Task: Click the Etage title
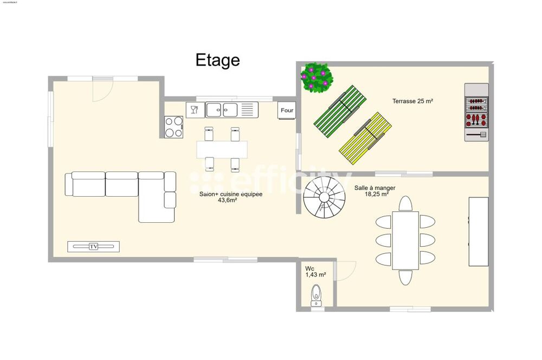coord(217,60)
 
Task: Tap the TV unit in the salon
coord(93,247)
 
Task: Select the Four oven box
coord(287,111)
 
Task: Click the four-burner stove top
coord(174,127)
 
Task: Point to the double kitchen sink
coord(222,110)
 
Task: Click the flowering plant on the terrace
coord(317,77)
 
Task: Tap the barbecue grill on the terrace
coord(476,112)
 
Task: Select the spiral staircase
coord(324,197)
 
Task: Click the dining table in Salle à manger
coord(405,241)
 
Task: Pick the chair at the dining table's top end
coord(405,203)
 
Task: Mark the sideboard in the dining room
coord(478,232)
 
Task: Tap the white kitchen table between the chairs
coord(222,149)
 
